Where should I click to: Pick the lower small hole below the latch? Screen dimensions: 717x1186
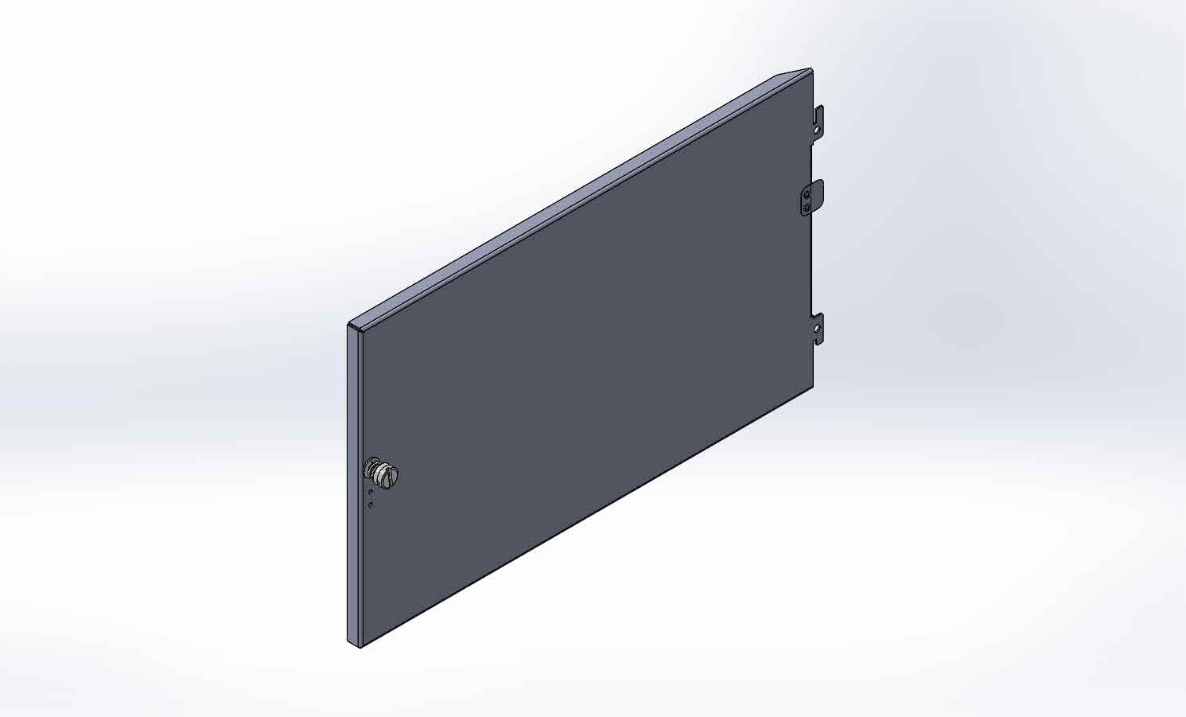[370, 505]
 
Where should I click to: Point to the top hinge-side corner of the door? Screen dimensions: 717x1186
[811, 70]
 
